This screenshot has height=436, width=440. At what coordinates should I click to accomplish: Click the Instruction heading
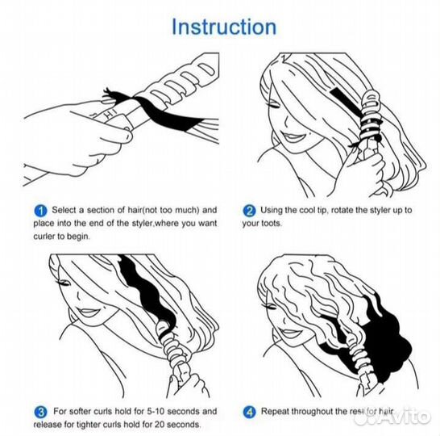pos(224,27)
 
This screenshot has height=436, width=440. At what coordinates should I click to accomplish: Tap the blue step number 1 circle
pos(40,211)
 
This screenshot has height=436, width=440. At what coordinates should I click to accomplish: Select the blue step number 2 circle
pos(249,211)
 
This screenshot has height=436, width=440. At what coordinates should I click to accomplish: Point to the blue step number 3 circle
pos(40,412)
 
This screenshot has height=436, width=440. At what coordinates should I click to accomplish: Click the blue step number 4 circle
pos(249,412)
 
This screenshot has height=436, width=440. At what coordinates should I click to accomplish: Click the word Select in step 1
pos(64,210)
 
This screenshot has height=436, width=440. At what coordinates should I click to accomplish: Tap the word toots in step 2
pos(271,224)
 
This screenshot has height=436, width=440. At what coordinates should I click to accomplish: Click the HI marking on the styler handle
pos(110,114)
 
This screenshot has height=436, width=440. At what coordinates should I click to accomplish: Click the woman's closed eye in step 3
pos(64,283)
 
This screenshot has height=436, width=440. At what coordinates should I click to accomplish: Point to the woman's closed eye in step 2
pos(275,107)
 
